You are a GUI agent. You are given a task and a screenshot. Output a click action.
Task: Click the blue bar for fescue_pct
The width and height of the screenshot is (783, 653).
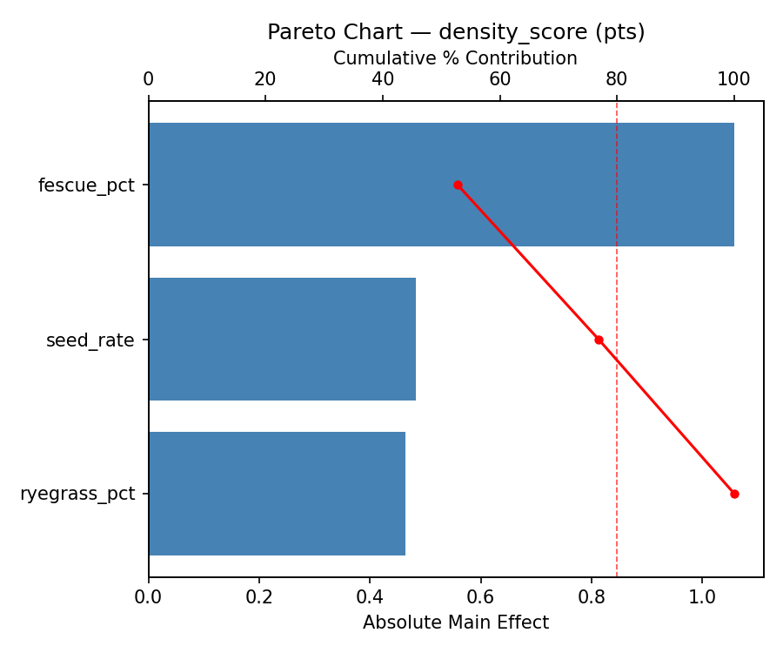tap(441, 185)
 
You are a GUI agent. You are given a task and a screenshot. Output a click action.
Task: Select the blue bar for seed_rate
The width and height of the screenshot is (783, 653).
tap(282, 340)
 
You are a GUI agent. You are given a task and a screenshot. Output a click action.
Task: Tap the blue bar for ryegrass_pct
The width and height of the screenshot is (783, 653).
tap(277, 494)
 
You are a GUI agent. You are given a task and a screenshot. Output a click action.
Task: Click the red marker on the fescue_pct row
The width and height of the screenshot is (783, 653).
tap(458, 185)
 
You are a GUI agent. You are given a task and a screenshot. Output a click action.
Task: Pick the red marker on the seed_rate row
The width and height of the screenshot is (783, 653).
tap(599, 340)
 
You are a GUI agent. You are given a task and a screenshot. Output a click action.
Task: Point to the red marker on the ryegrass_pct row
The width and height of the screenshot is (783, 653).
tap(734, 494)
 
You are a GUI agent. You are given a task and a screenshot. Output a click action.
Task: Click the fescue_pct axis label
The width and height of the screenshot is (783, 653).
tap(86, 185)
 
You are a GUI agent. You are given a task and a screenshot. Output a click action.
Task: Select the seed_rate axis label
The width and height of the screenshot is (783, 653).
tap(90, 340)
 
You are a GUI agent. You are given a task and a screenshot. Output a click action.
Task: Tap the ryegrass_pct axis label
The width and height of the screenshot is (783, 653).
tap(77, 495)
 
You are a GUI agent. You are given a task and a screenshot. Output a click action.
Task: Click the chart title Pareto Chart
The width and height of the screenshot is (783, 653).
tap(456, 32)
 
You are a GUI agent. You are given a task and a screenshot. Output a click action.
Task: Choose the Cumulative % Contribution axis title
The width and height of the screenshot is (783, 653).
tap(455, 58)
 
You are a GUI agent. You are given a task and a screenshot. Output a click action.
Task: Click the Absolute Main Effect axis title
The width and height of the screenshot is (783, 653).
tap(456, 623)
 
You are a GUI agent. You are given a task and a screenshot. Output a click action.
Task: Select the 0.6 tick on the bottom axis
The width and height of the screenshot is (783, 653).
tap(480, 598)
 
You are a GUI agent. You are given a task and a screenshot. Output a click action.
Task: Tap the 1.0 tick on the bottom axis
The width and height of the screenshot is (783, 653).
tap(702, 598)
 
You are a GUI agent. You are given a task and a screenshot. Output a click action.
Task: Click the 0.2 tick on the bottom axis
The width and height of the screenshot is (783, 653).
tap(259, 598)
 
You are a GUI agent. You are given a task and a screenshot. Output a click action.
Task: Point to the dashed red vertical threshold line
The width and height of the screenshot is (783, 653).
tap(617, 261)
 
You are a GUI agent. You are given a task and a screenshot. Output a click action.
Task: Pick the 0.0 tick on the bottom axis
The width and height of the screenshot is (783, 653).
tap(149, 598)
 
